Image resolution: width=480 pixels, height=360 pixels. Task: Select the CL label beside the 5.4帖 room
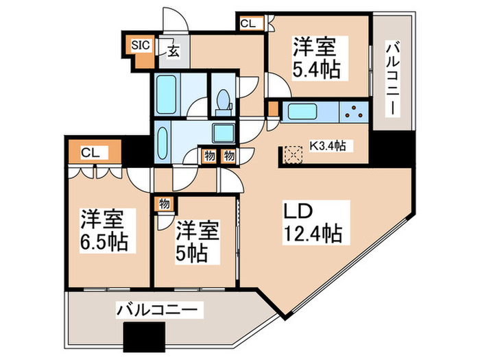tap(248, 23)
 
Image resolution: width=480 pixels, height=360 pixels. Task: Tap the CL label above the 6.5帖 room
tap(88, 153)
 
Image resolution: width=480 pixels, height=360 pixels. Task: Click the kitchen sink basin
tap(300, 110)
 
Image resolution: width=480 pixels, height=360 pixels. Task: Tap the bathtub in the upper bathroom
tap(165, 95)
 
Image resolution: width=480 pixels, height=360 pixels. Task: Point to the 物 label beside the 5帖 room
tap(165, 203)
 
